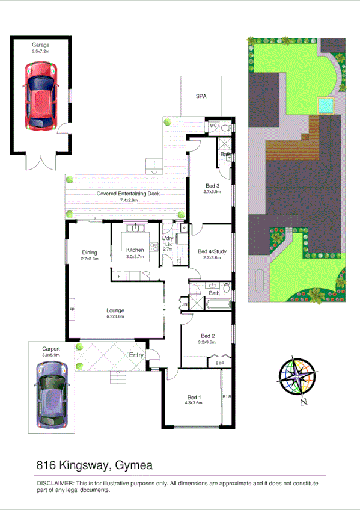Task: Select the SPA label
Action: [201, 96]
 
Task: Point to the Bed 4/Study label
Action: [212, 251]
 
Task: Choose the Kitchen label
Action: [135, 250]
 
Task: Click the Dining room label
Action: [89, 253]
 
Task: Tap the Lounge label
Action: [115, 310]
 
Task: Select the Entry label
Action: [136, 355]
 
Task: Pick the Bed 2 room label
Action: [208, 336]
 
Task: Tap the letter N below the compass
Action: [305, 402]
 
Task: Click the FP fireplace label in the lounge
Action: [72, 309]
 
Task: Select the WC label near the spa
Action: [213, 126]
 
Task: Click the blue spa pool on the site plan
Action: [325, 106]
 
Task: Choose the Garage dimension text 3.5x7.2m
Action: [41, 52]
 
